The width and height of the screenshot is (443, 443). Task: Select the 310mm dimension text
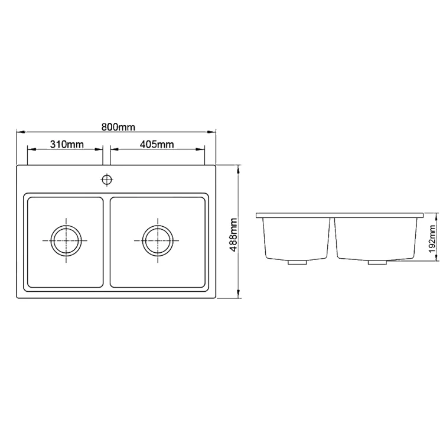click(x=66, y=144)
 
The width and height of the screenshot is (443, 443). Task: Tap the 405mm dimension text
click(x=157, y=144)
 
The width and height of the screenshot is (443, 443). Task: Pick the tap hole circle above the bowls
click(x=107, y=178)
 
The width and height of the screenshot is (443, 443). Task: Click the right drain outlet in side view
click(x=375, y=262)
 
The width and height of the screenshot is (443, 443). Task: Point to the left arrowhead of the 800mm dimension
click(x=19, y=132)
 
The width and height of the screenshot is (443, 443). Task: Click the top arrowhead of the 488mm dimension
click(x=239, y=168)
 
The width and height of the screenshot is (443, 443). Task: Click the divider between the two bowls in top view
click(x=107, y=242)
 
